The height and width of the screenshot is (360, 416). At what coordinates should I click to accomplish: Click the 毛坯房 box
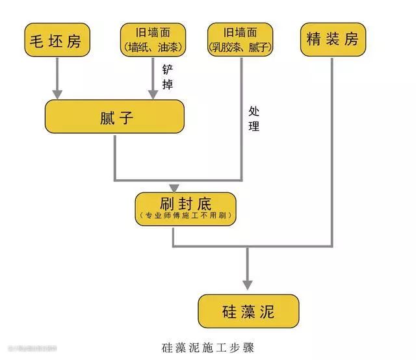(57, 40)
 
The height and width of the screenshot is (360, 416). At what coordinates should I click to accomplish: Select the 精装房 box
(332, 40)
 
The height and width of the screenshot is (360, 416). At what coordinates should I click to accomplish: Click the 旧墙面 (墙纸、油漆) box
(153, 40)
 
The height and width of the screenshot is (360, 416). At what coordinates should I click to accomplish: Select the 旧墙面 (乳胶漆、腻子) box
(240, 40)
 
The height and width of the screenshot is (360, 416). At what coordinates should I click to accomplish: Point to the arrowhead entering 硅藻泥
(248, 284)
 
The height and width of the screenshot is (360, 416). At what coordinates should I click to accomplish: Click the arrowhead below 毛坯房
(57, 95)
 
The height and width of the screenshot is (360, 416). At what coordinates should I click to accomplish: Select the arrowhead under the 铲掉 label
(153, 95)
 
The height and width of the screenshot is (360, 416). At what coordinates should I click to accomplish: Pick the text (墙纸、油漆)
(153, 47)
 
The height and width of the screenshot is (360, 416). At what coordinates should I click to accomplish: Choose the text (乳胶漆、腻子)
(240, 47)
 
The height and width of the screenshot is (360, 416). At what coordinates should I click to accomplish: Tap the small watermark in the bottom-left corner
(32, 349)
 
